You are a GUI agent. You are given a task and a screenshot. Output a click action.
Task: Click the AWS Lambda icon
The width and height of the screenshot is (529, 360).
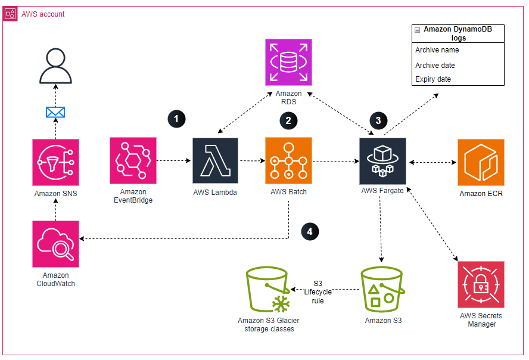[215, 161]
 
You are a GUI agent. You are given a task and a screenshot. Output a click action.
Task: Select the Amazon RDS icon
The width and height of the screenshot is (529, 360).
[288, 61]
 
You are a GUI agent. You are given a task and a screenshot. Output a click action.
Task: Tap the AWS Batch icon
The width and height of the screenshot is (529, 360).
[288, 161]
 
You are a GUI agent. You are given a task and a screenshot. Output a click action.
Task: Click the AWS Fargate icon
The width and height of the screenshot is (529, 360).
[382, 161]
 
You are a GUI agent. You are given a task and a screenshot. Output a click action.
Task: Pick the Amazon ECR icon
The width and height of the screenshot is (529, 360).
[481, 162]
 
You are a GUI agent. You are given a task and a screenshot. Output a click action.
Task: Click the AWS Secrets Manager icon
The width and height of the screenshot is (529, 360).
[481, 284]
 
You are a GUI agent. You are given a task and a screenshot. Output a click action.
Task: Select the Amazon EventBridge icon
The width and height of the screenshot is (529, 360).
[133, 161]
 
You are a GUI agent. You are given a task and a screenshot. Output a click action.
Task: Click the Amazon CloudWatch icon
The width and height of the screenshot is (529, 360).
[55, 244]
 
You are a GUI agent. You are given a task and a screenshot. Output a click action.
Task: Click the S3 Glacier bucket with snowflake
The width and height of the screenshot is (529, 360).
[268, 290]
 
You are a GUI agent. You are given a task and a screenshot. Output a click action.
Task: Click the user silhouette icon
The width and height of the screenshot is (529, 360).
[55, 67]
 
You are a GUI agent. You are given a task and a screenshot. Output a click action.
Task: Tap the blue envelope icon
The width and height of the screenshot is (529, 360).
[55, 111]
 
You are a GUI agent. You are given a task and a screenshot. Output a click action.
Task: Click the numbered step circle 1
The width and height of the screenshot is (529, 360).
[176, 119]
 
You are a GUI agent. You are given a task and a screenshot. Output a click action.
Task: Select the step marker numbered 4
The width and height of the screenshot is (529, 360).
[309, 231]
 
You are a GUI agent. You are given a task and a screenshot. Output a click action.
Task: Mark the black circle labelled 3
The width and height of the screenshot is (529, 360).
[378, 120]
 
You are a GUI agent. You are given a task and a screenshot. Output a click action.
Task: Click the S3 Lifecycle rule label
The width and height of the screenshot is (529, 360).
[318, 291]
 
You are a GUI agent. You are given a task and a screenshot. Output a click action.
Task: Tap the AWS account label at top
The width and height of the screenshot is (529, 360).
[43, 14]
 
